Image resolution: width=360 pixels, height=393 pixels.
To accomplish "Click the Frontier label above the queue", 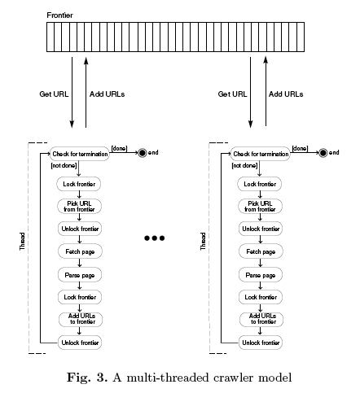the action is tap(59, 15).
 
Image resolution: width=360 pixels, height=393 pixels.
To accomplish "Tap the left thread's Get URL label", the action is tap(54, 94).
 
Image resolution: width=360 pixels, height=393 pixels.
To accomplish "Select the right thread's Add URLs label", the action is tap(286, 94).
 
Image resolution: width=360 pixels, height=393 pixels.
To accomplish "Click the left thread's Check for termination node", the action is tap(79, 154).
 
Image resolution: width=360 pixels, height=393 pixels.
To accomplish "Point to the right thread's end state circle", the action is tap(323, 153).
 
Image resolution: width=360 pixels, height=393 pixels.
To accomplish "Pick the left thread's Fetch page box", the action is tap(80, 251).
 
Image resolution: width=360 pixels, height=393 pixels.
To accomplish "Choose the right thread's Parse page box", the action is tap(261, 275).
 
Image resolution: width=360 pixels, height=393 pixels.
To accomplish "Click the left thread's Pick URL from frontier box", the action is tap(79, 207).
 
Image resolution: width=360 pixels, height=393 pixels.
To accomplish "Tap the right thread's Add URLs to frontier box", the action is tap(261, 319).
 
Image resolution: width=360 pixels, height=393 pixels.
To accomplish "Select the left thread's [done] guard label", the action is tap(119, 149).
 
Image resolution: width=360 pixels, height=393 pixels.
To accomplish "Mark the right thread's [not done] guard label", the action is tap(244, 165).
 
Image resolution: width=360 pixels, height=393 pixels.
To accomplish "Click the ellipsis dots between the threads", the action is tap(155, 238).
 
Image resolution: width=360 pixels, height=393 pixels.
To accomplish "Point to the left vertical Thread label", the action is tap(22, 241).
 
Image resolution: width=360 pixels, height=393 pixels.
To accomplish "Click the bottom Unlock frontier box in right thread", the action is tap(261, 343).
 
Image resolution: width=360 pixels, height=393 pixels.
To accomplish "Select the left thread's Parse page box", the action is tap(80, 275).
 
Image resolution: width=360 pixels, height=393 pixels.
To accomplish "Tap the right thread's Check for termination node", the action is tap(261, 154).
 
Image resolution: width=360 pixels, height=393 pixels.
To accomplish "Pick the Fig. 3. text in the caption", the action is tap(87, 378).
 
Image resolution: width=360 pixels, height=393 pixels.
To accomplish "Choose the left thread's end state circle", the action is tap(143, 153).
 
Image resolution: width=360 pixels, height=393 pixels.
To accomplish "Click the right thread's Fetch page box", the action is tap(261, 251).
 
